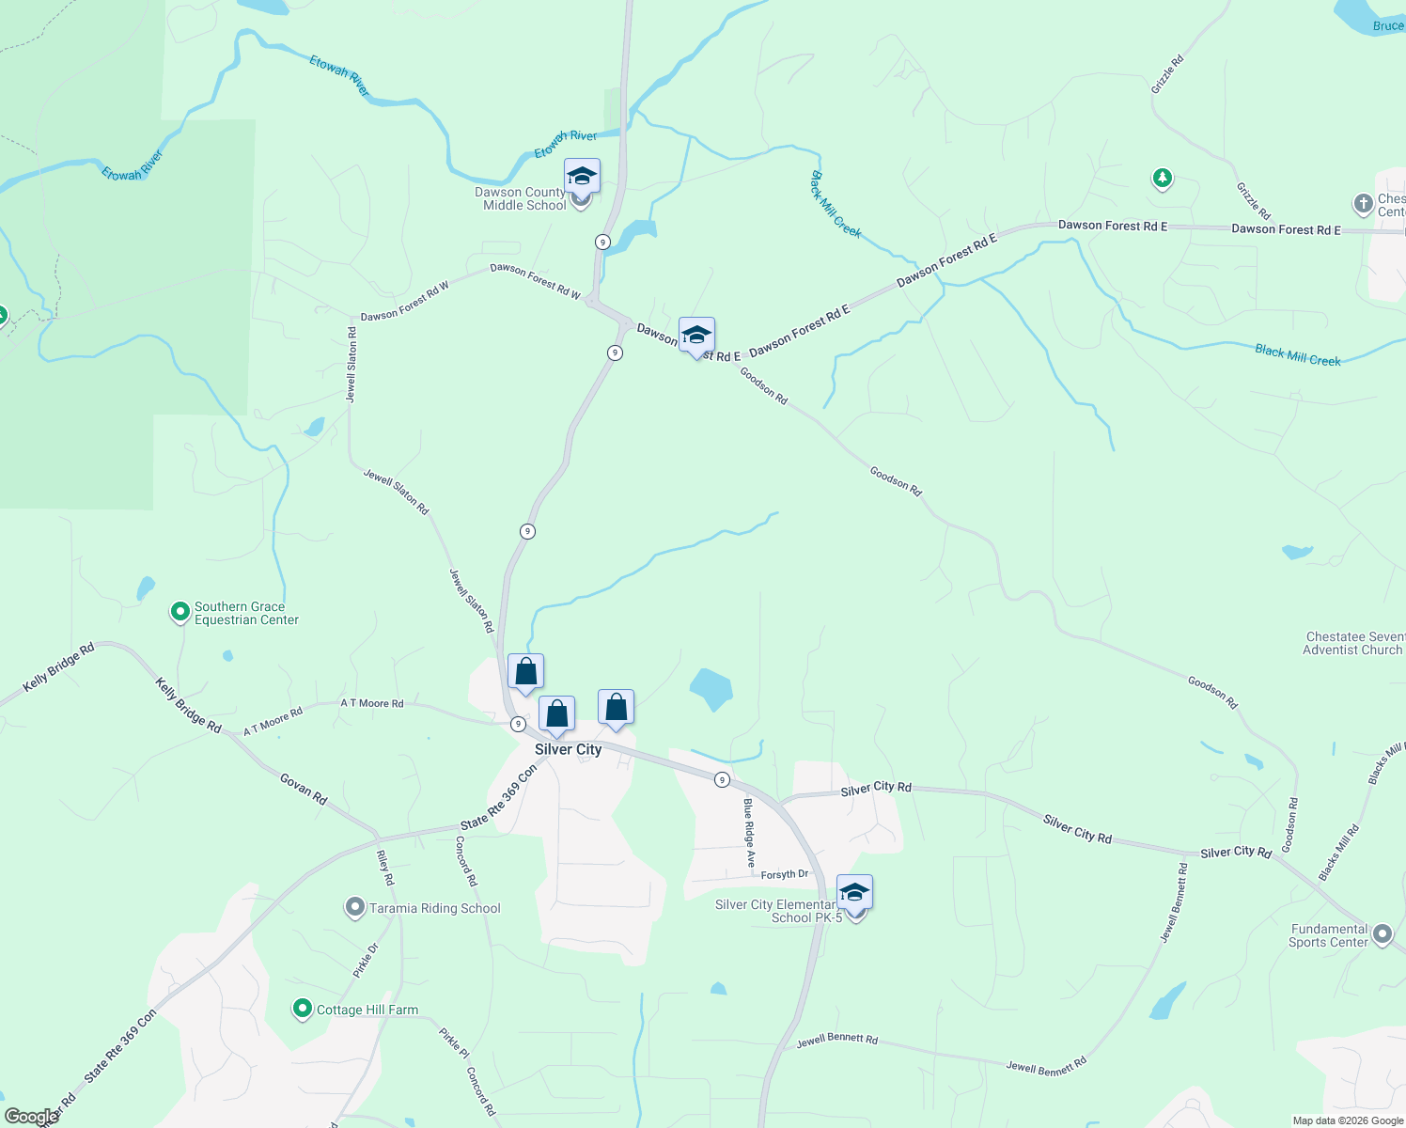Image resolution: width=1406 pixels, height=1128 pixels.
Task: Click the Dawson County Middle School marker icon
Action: [x=582, y=176]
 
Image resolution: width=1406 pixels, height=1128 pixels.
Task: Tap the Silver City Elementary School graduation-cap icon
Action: [x=854, y=892]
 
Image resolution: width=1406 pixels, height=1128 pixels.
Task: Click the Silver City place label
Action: [x=568, y=749]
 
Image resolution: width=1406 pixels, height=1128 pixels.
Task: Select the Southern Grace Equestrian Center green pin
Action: [x=180, y=612]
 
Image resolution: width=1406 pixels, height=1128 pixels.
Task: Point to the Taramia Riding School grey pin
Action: [x=354, y=907]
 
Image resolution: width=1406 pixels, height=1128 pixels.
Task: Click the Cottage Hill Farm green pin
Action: [x=302, y=1009]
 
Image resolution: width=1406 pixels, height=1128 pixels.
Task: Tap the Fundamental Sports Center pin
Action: [x=1382, y=934]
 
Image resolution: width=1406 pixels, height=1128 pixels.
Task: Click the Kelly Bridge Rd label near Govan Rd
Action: [x=188, y=706]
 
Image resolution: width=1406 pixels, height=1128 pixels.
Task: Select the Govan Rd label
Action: [x=304, y=789]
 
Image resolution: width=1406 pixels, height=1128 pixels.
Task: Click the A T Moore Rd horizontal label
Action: [x=372, y=703]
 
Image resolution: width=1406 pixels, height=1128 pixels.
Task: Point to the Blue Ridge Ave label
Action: [x=749, y=833]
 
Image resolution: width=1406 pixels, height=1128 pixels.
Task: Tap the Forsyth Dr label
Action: [x=785, y=875]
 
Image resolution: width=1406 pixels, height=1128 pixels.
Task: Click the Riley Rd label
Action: [x=385, y=868]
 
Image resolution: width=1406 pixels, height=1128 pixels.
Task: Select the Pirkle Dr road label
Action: [x=366, y=961]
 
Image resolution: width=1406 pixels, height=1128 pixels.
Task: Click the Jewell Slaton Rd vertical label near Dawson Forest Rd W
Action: [x=351, y=365]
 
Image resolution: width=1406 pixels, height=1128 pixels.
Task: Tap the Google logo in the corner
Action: [x=31, y=1117]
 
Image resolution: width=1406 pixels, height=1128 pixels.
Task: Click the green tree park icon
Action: [x=1163, y=177]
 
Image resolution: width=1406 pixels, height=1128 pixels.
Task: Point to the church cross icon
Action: [x=1363, y=203]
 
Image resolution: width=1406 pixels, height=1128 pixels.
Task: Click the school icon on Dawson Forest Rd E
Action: [x=696, y=336]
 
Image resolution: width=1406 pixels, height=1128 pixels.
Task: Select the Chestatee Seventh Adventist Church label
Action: [x=1354, y=643]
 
